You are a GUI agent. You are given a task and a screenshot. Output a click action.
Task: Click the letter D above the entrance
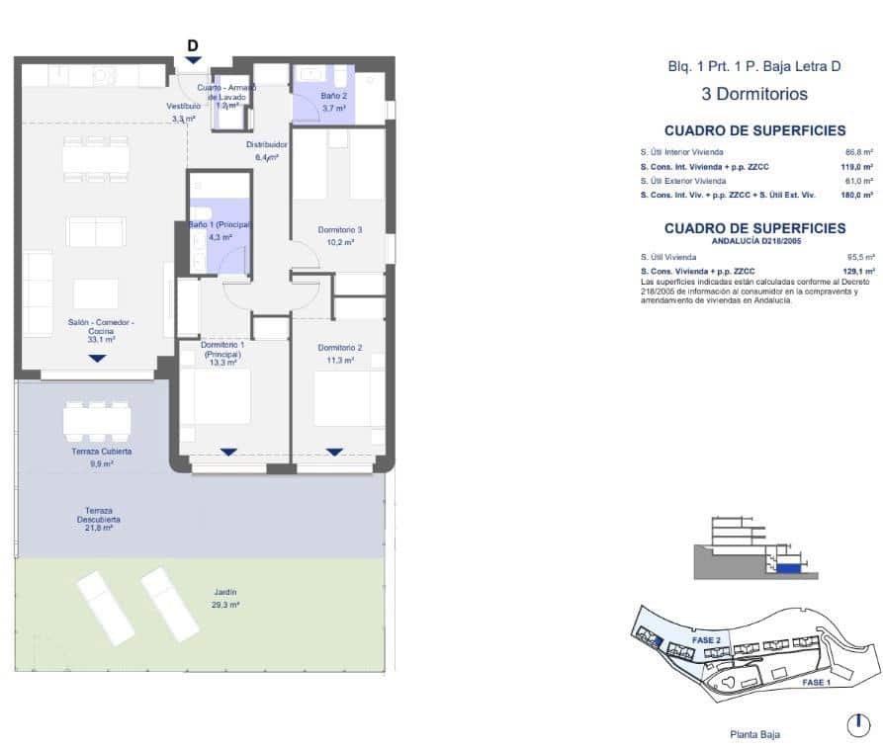click(193, 44)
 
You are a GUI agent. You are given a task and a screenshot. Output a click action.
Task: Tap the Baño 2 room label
click(333, 100)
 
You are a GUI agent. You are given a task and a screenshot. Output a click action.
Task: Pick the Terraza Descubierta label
click(100, 520)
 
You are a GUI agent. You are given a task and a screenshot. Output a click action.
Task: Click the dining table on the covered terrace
click(97, 421)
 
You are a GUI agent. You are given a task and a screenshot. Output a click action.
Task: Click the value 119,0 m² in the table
click(856, 167)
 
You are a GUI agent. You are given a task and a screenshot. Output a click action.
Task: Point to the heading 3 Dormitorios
click(753, 95)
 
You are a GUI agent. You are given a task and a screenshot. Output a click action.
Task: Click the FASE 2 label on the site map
click(706, 640)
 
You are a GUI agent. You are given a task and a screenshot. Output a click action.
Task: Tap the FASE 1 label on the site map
click(815, 683)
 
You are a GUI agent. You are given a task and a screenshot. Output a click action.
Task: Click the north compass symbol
click(858, 726)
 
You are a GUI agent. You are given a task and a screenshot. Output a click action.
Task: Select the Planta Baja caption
click(754, 734)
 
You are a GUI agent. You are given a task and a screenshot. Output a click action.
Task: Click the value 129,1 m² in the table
click(856, 271)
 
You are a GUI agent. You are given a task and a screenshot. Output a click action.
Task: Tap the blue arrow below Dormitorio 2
click(334, 452)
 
